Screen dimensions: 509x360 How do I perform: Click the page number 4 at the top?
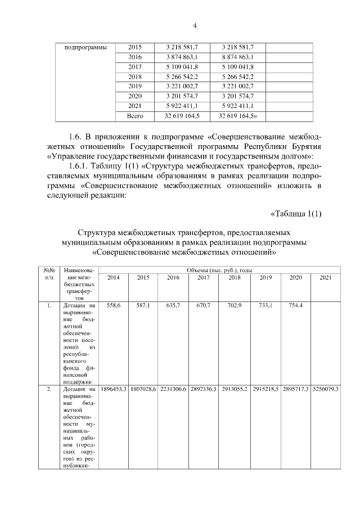coord(195,25)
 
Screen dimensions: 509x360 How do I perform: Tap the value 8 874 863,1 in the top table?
coord(236,57)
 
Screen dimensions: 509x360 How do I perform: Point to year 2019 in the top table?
coord(135,86)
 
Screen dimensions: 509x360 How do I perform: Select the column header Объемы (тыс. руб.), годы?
coord(219,271)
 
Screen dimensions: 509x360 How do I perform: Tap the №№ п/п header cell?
coord(49,274)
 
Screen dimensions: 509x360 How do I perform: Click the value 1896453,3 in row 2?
coord(113,389)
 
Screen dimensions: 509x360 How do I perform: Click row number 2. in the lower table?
coord(49,389)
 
